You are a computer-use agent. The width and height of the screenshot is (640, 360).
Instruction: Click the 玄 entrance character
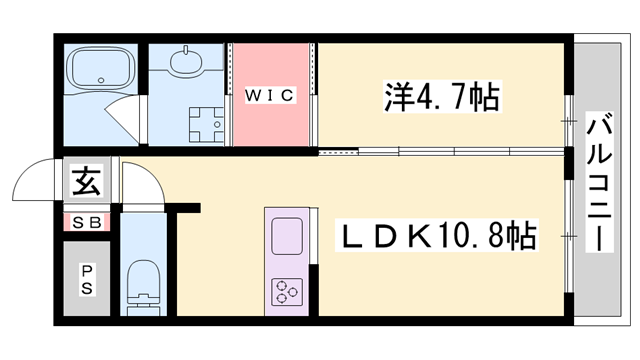85,183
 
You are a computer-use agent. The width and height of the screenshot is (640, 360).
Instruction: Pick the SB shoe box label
85,223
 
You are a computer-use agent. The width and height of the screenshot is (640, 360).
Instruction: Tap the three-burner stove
287,291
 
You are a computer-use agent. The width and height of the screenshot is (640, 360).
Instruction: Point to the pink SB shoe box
85,223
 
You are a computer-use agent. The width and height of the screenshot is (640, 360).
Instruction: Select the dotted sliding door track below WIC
336,152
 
